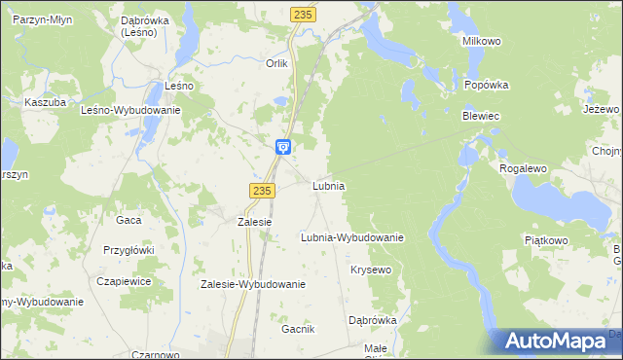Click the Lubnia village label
click(x=329, y=185)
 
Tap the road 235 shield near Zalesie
click(x=260, y=192)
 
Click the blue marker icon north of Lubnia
click(x=282, y=148)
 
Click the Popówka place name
click(x=487, y=85)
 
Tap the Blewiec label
click(x=480, y=116)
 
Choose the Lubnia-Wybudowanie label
click(x=352, y=236)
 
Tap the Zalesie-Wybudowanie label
click(x=253, y=285)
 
